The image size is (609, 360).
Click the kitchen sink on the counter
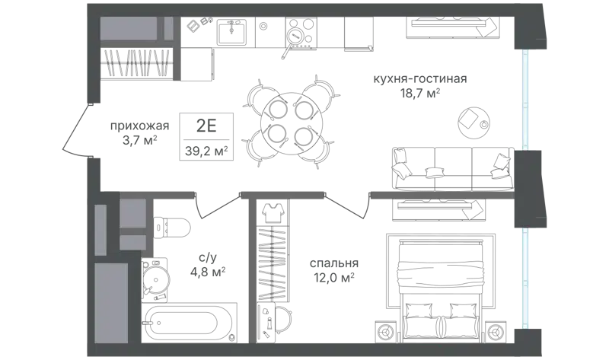231,31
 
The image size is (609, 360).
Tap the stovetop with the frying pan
300,33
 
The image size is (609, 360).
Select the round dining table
289,123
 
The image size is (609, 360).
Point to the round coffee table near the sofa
473,123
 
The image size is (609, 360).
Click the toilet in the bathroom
172,227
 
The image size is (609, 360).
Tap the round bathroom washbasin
156,278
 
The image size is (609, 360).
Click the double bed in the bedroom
441,286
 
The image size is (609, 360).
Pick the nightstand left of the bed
387,332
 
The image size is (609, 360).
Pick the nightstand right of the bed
495,332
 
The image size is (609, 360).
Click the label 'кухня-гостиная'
420,79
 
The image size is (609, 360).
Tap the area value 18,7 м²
421,94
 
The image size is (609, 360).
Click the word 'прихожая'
140,126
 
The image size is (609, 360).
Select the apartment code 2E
206,126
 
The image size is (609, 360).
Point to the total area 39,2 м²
206,151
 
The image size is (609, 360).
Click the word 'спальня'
334,263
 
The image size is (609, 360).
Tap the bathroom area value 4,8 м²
208,272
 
